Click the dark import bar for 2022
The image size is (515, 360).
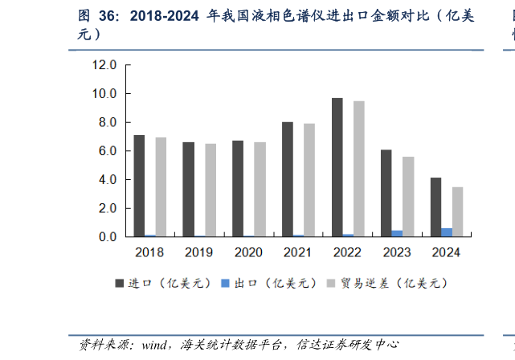tap(337, 167)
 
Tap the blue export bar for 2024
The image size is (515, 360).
tap(447, 232)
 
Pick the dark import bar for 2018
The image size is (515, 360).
tap(140, 186)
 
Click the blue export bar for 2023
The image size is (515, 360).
tap(397, 234)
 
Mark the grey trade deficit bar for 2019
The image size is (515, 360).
tap(210, 190)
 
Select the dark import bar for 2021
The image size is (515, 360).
tap(288, 179)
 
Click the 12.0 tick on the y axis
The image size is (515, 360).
tap(104, 65)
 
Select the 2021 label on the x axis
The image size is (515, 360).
tap(298, 252)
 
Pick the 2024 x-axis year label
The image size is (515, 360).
tap(446, 252)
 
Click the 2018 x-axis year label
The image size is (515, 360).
tap(149, 252)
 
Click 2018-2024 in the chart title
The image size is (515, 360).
tap(164, 15)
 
